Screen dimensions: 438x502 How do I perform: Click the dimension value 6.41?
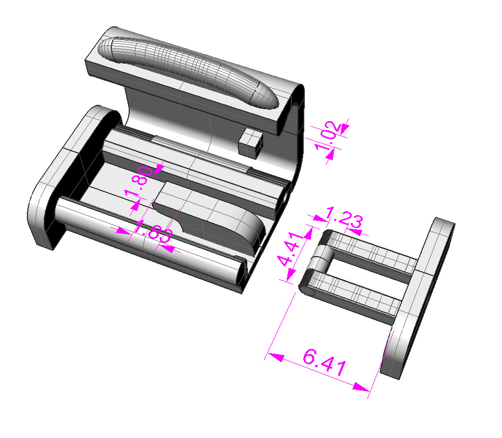324,364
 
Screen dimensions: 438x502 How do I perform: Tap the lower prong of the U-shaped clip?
359,298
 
